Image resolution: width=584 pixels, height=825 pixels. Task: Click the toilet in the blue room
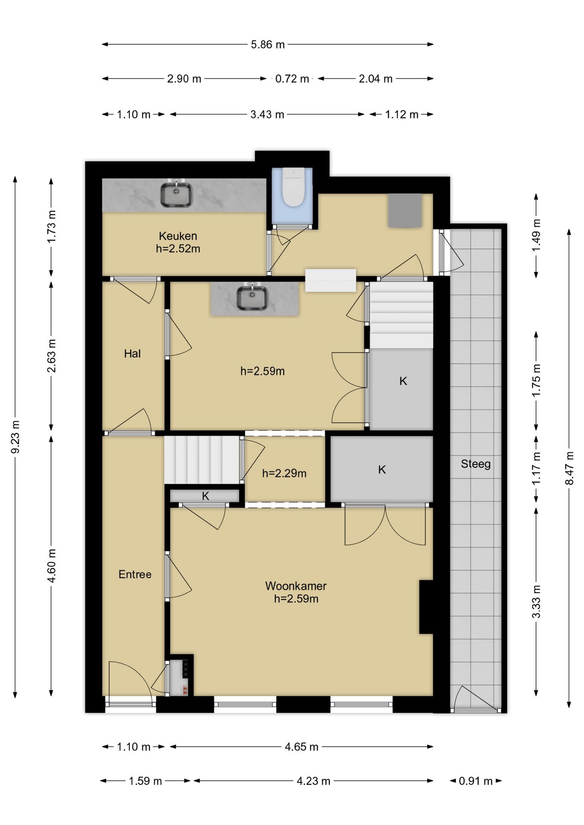[293, 187]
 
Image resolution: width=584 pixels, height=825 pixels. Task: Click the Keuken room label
[178, 236]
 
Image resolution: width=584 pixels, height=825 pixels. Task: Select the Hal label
[132, 354]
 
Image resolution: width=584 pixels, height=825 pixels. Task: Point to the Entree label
[135, 574]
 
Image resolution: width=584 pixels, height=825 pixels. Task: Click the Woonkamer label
[296, 586]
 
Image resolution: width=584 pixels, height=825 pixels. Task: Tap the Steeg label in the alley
[476, 464]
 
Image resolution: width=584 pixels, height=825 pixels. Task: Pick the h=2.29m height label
[284, 474]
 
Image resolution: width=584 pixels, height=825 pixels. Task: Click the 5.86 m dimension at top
[268, 44]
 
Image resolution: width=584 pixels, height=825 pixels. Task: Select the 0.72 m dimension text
[292, 79]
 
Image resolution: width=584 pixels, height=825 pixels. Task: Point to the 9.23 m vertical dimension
[15, 437]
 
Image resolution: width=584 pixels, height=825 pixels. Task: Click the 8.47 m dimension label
[570, 468]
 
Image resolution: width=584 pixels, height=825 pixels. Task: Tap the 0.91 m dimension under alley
[476, 781]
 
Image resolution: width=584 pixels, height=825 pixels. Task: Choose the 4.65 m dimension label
[301, 747]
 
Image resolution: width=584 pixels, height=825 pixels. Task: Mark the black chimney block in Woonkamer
[426, 607]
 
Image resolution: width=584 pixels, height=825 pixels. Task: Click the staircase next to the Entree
[202, 460]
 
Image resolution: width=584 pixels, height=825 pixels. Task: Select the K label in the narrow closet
[206, 496]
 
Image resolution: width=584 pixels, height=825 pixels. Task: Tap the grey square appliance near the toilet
[405, 210]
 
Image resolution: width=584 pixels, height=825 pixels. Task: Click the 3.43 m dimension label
[267, 114]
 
